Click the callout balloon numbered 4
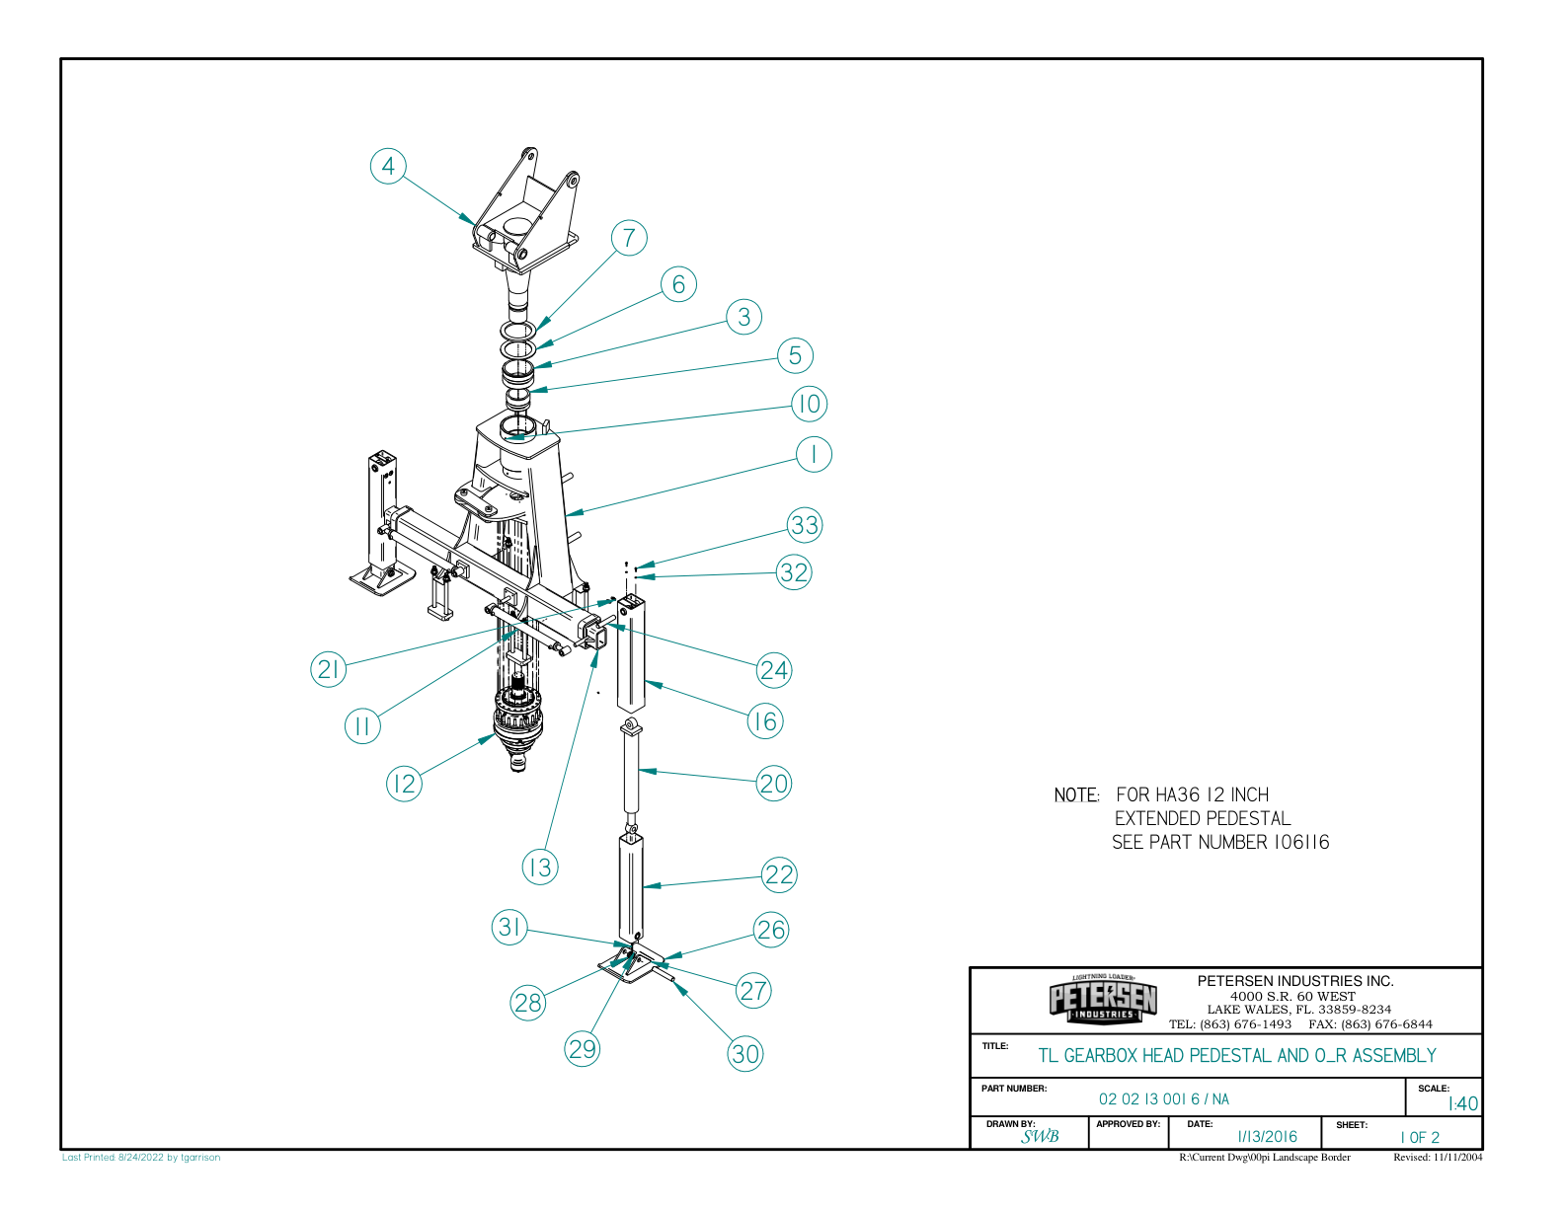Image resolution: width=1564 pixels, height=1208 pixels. pyautogui.click(x=388, y=166)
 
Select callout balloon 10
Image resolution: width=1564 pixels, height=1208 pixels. pyautogui.click(x=809, y=404)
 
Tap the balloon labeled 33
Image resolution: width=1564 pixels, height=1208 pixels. pyautogui.click(x=805, y=525)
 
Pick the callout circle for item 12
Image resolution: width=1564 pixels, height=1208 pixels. pyautogui.click(x=403, y=784)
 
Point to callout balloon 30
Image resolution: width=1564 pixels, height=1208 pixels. pyautogui.click(x=745, y=1054)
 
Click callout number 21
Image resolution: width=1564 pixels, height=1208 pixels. pyautogui.click(x=328, y=670)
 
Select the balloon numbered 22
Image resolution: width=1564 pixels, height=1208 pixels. pyautogui.click(x=779, y=874)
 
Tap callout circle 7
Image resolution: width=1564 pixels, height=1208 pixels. pyautogui.click(x=629, y=238)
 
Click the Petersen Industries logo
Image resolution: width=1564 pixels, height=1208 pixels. pyautogui.click(x=1103, y=1000)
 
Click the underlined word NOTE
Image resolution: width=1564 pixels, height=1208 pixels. pyautogui.click(x=1075, y=795)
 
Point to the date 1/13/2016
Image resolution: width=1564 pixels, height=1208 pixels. pyautogui.click(x=1267, y=1137)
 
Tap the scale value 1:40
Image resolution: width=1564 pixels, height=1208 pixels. pyautogui.click(x=1462, y=1104)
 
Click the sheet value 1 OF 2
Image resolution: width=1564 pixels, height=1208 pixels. pyautogui.click(x=1420, y=1138)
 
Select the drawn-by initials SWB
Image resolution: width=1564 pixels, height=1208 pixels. pyautogui.click(x=1040, y=1137)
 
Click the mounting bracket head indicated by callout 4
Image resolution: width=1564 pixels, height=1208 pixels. pyautogui.click(x=523, y=217)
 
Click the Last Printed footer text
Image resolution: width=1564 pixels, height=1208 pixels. pyautogui.click(x=141, y=1158)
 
